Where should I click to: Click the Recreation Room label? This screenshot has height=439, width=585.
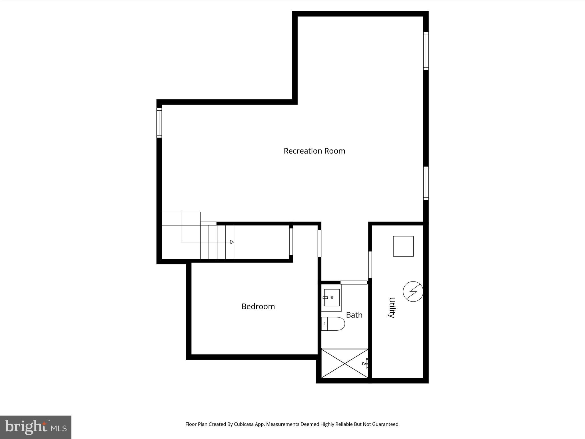[314, 151]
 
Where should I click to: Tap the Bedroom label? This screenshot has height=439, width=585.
[258, 306]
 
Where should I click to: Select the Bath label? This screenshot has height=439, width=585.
[354, 315]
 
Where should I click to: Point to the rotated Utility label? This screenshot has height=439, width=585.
[392, 308]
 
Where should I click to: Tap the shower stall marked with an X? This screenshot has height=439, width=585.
[345, 363]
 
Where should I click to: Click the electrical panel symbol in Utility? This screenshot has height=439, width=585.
[413, 292]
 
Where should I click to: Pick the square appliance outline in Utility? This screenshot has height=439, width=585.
[403, 246]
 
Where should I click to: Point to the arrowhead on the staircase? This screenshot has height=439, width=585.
[232, 242]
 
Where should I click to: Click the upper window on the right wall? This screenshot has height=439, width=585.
[426, 51]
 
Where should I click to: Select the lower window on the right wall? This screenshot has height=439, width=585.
[426, 183]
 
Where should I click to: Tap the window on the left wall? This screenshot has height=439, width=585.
[159, 123]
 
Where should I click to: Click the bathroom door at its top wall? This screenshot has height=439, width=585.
[354, 282]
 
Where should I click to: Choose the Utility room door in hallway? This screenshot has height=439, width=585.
[370, 264]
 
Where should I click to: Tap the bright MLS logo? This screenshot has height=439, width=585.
[36, 427]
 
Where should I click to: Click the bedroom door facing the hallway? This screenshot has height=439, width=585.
[319, 243]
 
